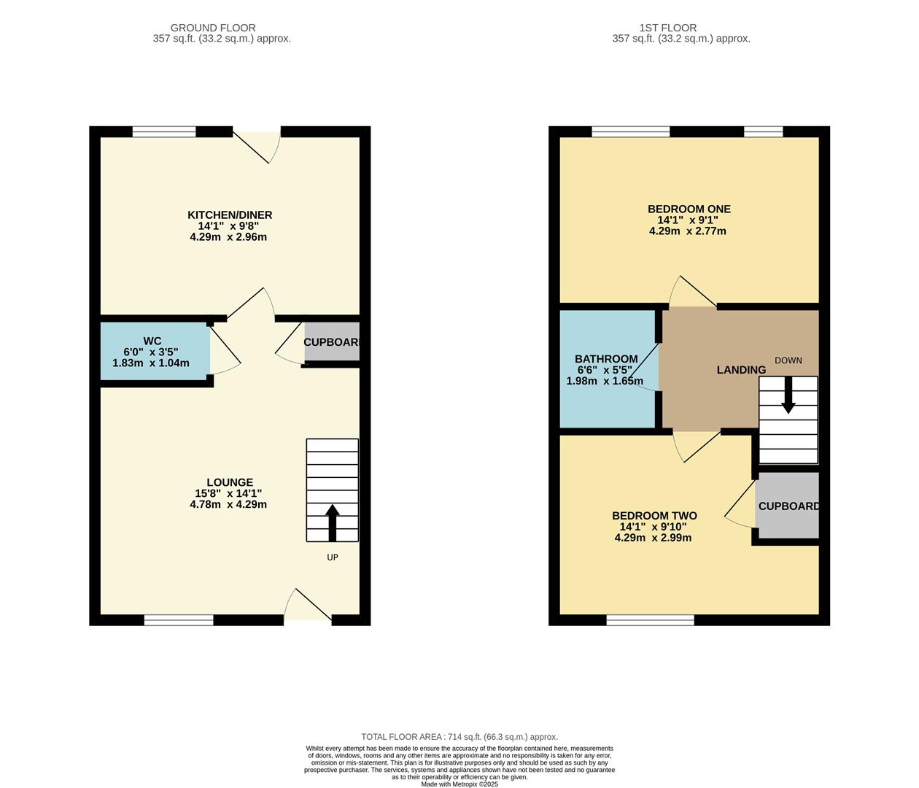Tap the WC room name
pyautogui.click(x=152, y=341)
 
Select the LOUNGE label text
pyautogui.click(x=230, y=482)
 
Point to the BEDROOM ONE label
pyautogui.click(x=689, y=209)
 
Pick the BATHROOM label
pyautogui.click(x=606, y=359)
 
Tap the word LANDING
pyautogui.click(x=741, y=370)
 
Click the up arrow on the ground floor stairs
pyautogui.click(x=333, y=521)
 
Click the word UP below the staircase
pyautogui.click(x=333, y=557)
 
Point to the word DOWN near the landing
pyautogui.click(x=788, y=360)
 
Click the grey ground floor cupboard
pyautogui.click(x=332, y=341)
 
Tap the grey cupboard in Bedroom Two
pyautogui.click(x=787, y=506)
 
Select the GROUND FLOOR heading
pyautogui.click(x=213, y=28)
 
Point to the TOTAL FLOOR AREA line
pyautogui.click(x=459, y=737)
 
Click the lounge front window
pyautogui.click(x=179, y=620)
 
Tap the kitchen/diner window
pyautogui.click(x=164, y=131)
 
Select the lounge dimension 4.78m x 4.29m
pyautogui.click(x=228, y=504)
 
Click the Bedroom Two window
pyautogui.click(x=650, y=620)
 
